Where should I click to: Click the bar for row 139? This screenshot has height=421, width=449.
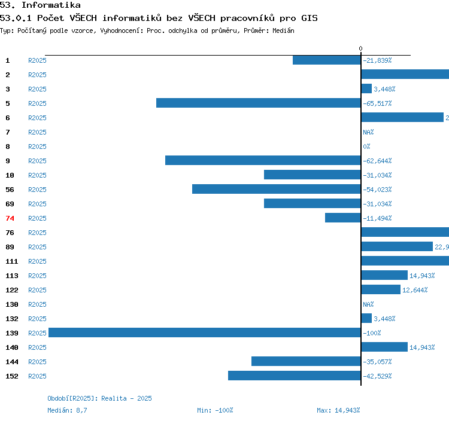coord(204,332)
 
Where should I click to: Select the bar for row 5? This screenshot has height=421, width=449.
coord(258,103)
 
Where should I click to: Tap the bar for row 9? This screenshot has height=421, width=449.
coord(263,160)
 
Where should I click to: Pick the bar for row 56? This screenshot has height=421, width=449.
coord(276,189)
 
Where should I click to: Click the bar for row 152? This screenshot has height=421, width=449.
coord(294,376)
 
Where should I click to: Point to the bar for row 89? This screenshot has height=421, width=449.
coord(397,246)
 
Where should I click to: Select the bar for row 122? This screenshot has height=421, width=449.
coord(381,289)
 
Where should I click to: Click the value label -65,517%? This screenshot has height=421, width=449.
coord(377,103)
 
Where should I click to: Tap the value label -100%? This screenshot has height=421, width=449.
coord(372,333)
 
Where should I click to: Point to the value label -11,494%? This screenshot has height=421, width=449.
coord(377,218)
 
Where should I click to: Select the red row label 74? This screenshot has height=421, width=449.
coord(10,218)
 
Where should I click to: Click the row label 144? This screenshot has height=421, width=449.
coord(12,362)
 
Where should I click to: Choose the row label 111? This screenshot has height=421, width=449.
coord(12,261)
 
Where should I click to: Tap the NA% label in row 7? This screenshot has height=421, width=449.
coord(368,132)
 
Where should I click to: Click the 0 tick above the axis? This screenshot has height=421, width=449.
coord(360,48)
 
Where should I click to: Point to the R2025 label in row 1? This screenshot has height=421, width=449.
coord(37,60)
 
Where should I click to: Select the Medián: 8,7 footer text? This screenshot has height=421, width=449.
coord(68,410)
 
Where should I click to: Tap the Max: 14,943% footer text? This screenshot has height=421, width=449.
coord(338,410)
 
